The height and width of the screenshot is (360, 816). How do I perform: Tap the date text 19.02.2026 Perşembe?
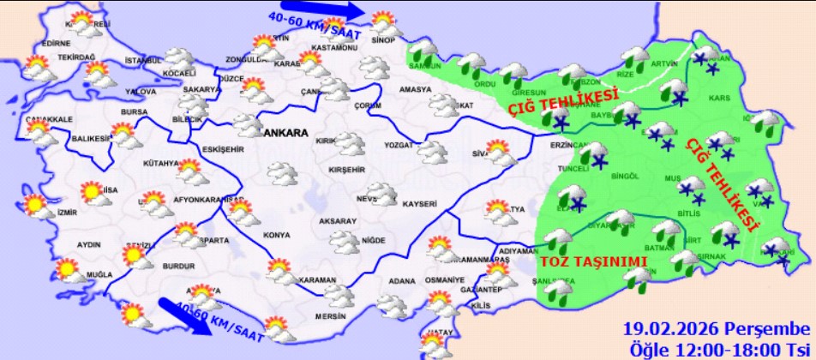pyautogui.click(x=716, y=329)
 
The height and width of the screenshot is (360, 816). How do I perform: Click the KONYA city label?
pyautogui.click(x=277, y=235)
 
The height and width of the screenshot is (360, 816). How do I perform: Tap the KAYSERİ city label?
pyautogui.click(x=419, y=204)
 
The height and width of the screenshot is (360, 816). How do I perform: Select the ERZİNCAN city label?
pyautogui.click(x=568, y=147)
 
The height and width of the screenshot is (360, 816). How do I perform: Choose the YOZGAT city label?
pyautogui.click(x=399, y=145)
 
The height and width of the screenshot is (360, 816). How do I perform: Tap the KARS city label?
pyautogui.click(x=719, y=99)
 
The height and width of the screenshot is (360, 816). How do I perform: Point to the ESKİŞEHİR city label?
pyautogui.click(x=223, y=148)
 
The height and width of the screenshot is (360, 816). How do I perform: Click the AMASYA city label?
pyautogui.click(x=415, y=89)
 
